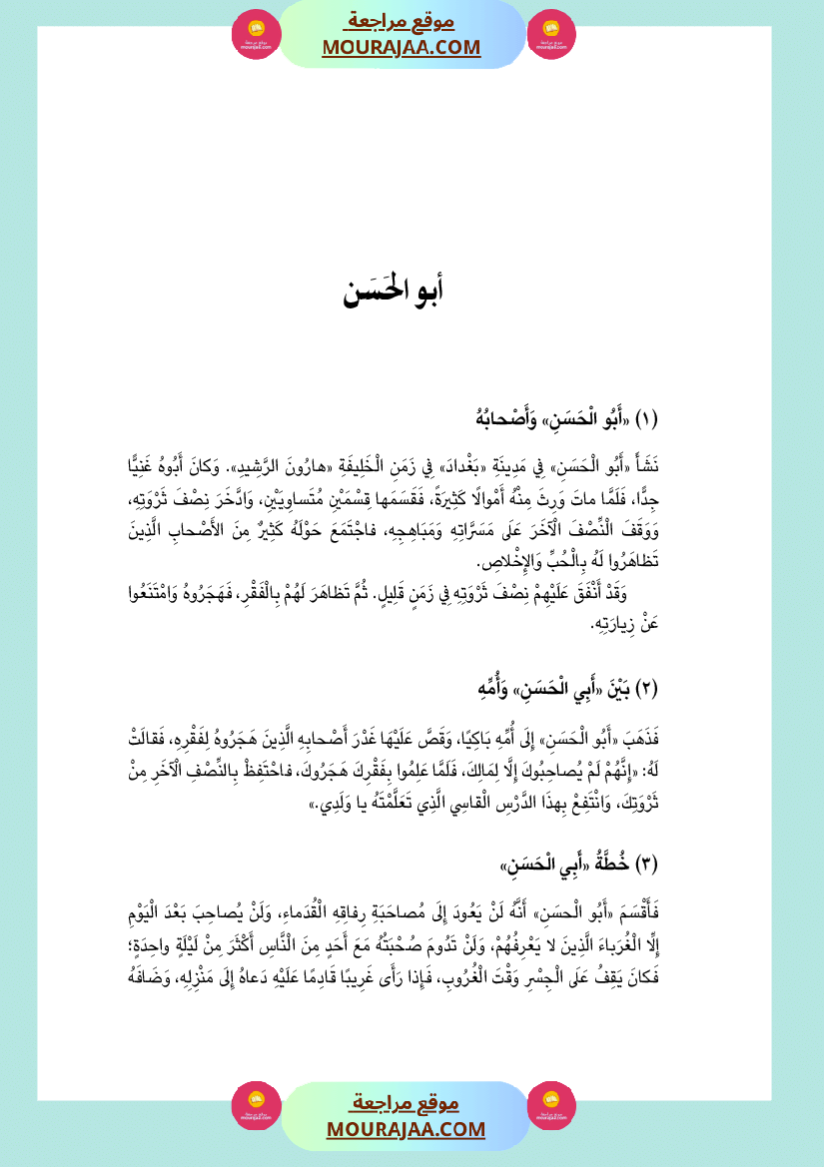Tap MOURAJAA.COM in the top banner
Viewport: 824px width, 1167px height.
pyautogui.click(x=401, y=47)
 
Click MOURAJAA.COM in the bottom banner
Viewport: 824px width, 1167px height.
pyautogui.click(x=405, y=1129)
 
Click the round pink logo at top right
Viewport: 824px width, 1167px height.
pyautogui.click(x=551, y=34)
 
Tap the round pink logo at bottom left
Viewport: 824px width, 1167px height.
pyautogui.click(x=257, y=1106)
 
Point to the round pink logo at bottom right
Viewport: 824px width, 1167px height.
pyautogui.click(x=551, y=1106)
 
